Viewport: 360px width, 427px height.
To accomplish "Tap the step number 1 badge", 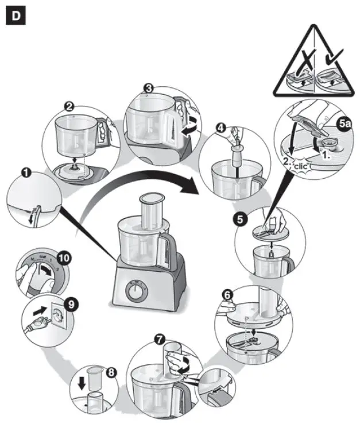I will [x=25, y=171].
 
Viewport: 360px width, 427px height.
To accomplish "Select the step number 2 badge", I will [x=69, y=107].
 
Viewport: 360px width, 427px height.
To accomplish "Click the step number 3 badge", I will [x=148, y=88].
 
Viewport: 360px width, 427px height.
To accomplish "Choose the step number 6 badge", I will [x=227, y=295].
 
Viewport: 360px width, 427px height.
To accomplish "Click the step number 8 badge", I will [x=111, y=372].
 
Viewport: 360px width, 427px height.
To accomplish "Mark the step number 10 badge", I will [x=63, y=258].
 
